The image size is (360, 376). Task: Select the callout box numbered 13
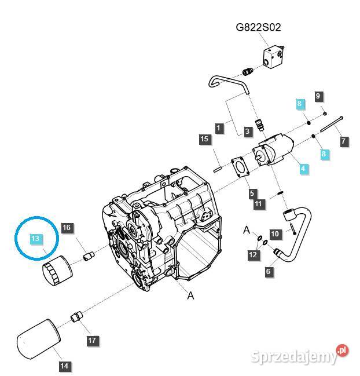pos(35,239)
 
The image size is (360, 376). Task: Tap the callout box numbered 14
pos(64,366)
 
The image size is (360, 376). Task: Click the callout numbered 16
pos(67,228)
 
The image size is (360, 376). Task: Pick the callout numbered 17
pos(93,341)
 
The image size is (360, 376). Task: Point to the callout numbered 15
pos(204,139)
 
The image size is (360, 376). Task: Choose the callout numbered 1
pos(219,127)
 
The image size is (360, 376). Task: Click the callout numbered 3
pos(247,132)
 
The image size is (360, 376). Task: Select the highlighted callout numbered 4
pos(303,169)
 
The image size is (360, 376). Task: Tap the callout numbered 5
pos(252,193)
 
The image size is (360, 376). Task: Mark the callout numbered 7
pos(343,141)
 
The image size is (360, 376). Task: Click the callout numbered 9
pos(318,96)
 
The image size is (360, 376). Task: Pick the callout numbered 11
pos(258,203)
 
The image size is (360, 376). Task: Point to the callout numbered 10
pos(275,233)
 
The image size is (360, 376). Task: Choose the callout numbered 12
pos(252,254)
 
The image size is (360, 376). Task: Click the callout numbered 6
pos(268,271)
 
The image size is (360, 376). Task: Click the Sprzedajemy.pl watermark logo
pos(300,355)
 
